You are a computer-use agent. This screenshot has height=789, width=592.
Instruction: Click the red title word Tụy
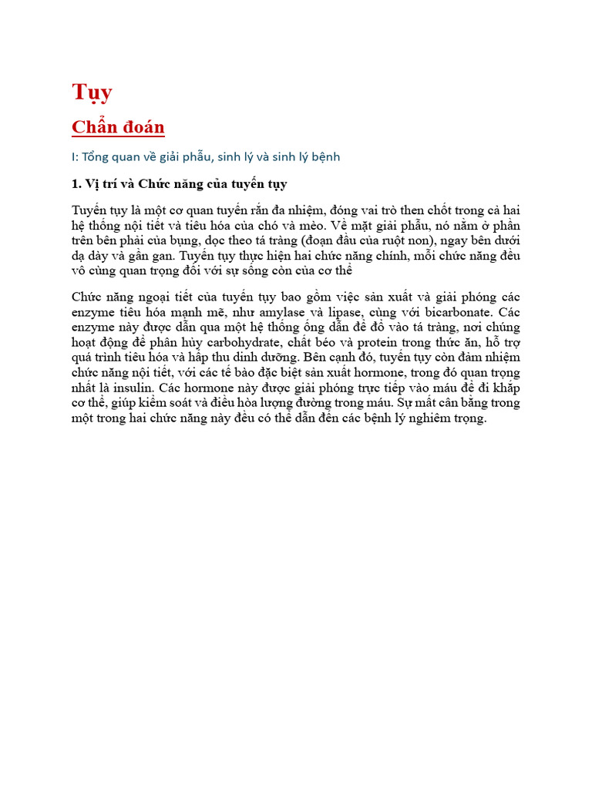coord(92,92)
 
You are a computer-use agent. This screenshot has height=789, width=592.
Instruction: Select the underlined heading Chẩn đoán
coord(118,126)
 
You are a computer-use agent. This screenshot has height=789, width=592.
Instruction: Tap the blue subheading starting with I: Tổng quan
coord(206,156)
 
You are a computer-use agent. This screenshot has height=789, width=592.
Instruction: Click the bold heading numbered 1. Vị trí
coord(179,184)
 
